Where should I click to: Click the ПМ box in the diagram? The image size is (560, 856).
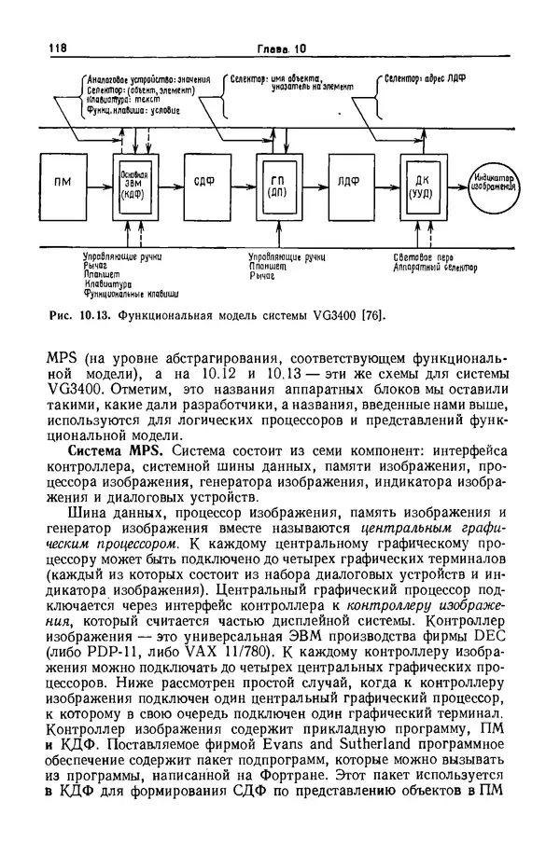pyautogui.click(x=63, y=182)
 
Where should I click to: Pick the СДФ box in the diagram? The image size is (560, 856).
pyautogui.click(x=204, y=182)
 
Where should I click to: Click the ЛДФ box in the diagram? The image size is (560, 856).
pyautogui.click(x=350, y=182)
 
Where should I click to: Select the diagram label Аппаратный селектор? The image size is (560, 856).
pyautogui.click(x=434, y=268)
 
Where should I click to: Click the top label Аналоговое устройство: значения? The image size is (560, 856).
pyautogui.click(x=149, y=79)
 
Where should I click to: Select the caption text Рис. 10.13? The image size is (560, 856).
pyautogui.click(x=80, y=315)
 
